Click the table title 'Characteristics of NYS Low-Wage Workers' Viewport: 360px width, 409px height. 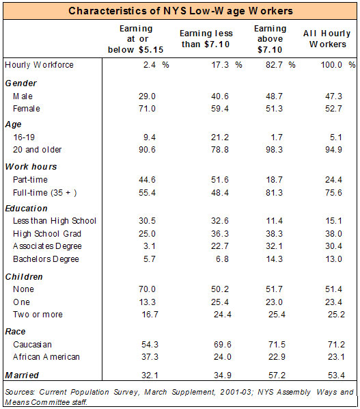coord(180,11)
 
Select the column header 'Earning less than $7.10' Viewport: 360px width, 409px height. coord(206,38)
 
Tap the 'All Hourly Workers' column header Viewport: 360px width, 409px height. coord(327,38)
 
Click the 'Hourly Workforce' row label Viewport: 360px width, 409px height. coord(39,65)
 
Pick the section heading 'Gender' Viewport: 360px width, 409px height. coord(21,83)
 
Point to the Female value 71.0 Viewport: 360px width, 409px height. coord(147,109)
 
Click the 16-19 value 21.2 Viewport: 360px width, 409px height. coord(220,137)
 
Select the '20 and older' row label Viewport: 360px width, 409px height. coord(38,150)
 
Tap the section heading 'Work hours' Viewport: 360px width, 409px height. coord(31,167)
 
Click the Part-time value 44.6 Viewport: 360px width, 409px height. coord(147,180)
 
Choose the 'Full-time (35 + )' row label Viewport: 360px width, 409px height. coord(45,193)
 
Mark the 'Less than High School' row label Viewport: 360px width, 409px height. coord(55,221)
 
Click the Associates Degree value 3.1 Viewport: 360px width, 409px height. coord(150,246)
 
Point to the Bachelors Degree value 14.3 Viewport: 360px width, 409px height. coord(274,259)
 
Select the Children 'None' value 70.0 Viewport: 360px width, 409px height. coord(147,289)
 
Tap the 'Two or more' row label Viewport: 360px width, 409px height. coord(38,315)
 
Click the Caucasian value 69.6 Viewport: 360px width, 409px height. coord(223,345)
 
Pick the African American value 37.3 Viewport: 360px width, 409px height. coord(150,356)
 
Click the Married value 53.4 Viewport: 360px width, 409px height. coord(336,375)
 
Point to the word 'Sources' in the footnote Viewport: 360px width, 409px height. coord(20,392)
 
